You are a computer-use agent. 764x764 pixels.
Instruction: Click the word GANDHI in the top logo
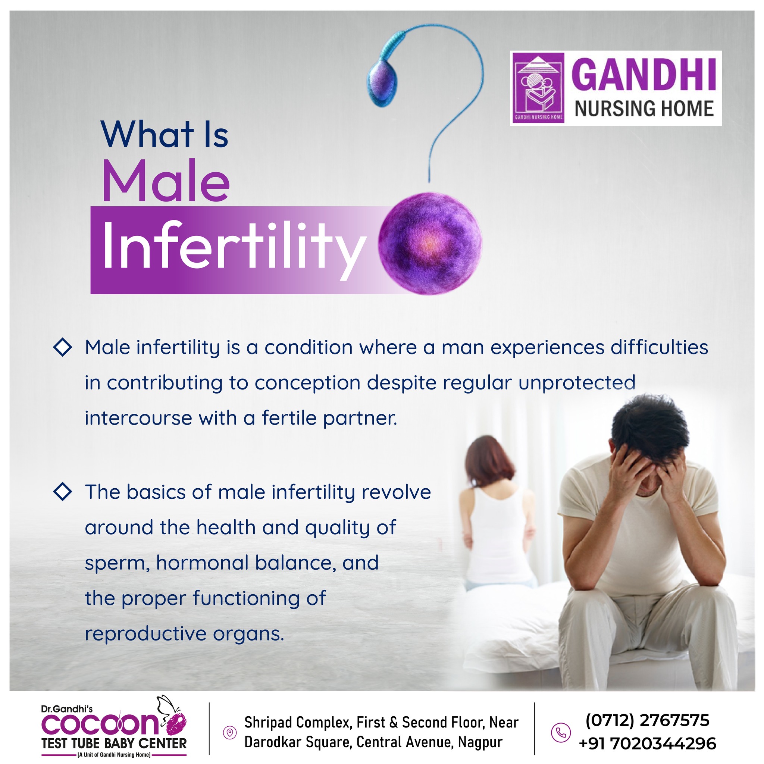(644, 74)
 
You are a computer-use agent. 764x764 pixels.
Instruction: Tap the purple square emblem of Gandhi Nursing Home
(538, 87)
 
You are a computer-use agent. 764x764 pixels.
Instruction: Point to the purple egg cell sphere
(430, 243)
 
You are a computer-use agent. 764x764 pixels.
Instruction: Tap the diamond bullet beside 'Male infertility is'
(62, 347)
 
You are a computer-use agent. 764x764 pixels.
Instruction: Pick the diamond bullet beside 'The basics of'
(62, 492)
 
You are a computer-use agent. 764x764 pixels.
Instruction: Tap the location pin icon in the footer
(229, 732)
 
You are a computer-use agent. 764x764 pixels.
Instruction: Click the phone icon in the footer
(561, 732)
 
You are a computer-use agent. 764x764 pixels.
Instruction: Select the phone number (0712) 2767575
(647, 720)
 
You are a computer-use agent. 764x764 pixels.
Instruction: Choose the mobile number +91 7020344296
(647, 743)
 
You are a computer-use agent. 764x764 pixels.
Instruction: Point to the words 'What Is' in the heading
(165, 134)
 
